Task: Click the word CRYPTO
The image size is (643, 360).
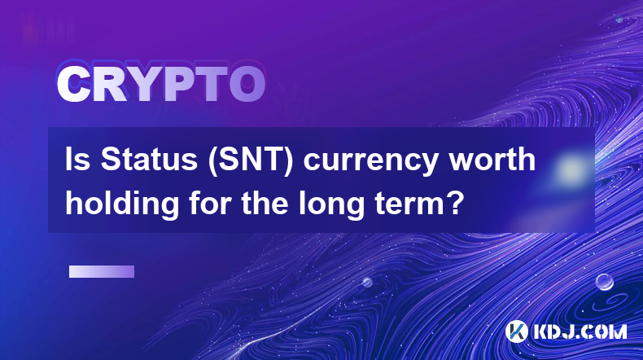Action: click(161, 85)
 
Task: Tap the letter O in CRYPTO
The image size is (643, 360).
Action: click(247, 85)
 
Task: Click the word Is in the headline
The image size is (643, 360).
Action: click(77, 160)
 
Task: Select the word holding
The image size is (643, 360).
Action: click(122, 204)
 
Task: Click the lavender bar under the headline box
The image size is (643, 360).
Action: click(102, 272)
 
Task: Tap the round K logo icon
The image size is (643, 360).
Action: click(517, 331)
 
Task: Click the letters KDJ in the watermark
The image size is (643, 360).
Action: click(554, 331)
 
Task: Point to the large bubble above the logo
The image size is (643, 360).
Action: click(605, 282)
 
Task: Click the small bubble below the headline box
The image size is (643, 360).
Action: click(367, 283)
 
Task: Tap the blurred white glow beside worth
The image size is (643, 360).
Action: click(570, 169)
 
